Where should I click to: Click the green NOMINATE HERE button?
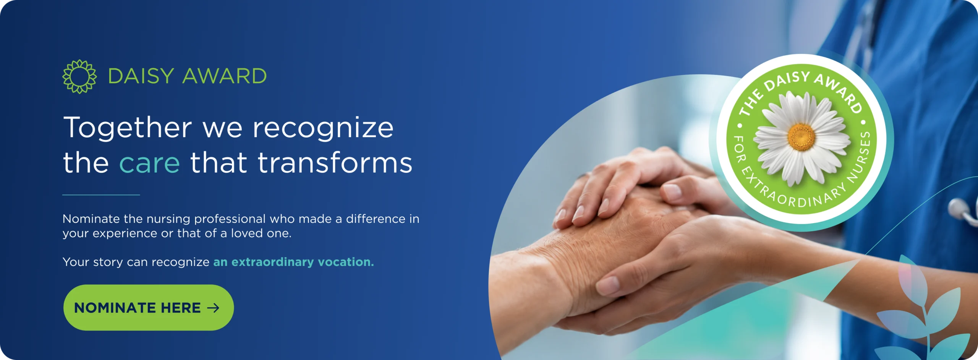(148, 307)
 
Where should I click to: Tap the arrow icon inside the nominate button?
(213, 308)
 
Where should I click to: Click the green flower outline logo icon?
(79, 76)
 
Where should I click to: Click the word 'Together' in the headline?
(128, 128)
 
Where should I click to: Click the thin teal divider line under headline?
(101, 195)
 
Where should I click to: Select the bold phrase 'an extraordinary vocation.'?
(293, 262)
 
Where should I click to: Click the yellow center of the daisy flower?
(801, 137)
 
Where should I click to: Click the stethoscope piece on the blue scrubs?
(963, 211)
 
